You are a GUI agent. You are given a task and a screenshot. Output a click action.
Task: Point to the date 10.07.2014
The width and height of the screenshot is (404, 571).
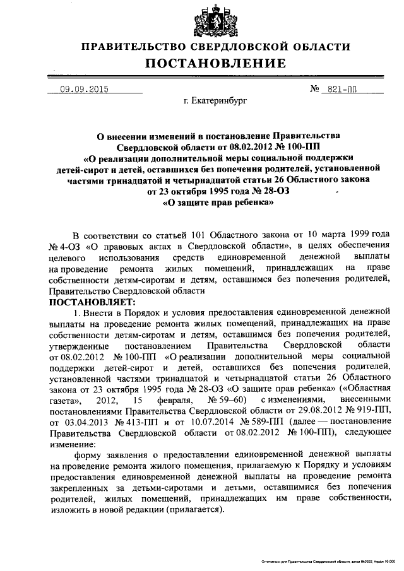pos(207,424)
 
